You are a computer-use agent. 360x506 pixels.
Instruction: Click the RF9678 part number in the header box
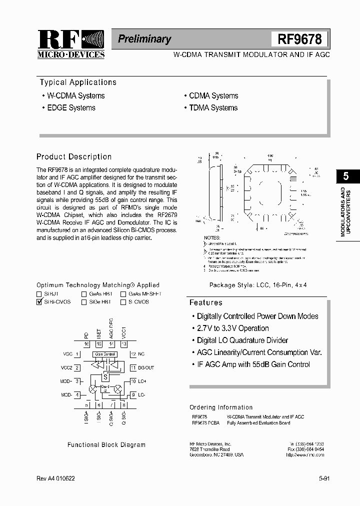pyautogui.click(x=300, y=39)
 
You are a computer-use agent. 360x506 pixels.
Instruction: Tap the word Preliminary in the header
pyautogui.click(x=144, y=39)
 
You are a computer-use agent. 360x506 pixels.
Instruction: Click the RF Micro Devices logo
pyautogui.click(x=70, y=44)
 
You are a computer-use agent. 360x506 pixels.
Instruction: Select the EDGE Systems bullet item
pyautogui.click(x=71, y=107)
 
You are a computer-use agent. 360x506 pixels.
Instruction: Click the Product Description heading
pyautogui.click(x=74, y=156)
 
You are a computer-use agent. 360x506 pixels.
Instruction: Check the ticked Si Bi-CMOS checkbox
pyautogui.click(x=39, y=302)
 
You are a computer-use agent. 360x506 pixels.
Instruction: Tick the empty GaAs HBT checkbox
pyautogui.click(x=84, y=294)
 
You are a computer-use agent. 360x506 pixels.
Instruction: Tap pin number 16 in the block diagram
pyautogui.click(x=86, y=344)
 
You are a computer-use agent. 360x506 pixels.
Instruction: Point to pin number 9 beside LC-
pyautogui.click(x=133, y=395)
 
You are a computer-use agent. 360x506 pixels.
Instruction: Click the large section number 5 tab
pyautogui.click(x=344, y=176)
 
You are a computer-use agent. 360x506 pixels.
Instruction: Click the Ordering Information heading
pyautogui.click(x=221, y=407)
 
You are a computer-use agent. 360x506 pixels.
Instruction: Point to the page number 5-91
pyautogui.click(x=323, y=478)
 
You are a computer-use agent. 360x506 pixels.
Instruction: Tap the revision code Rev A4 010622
pyautogui.click(x=56, y=478)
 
